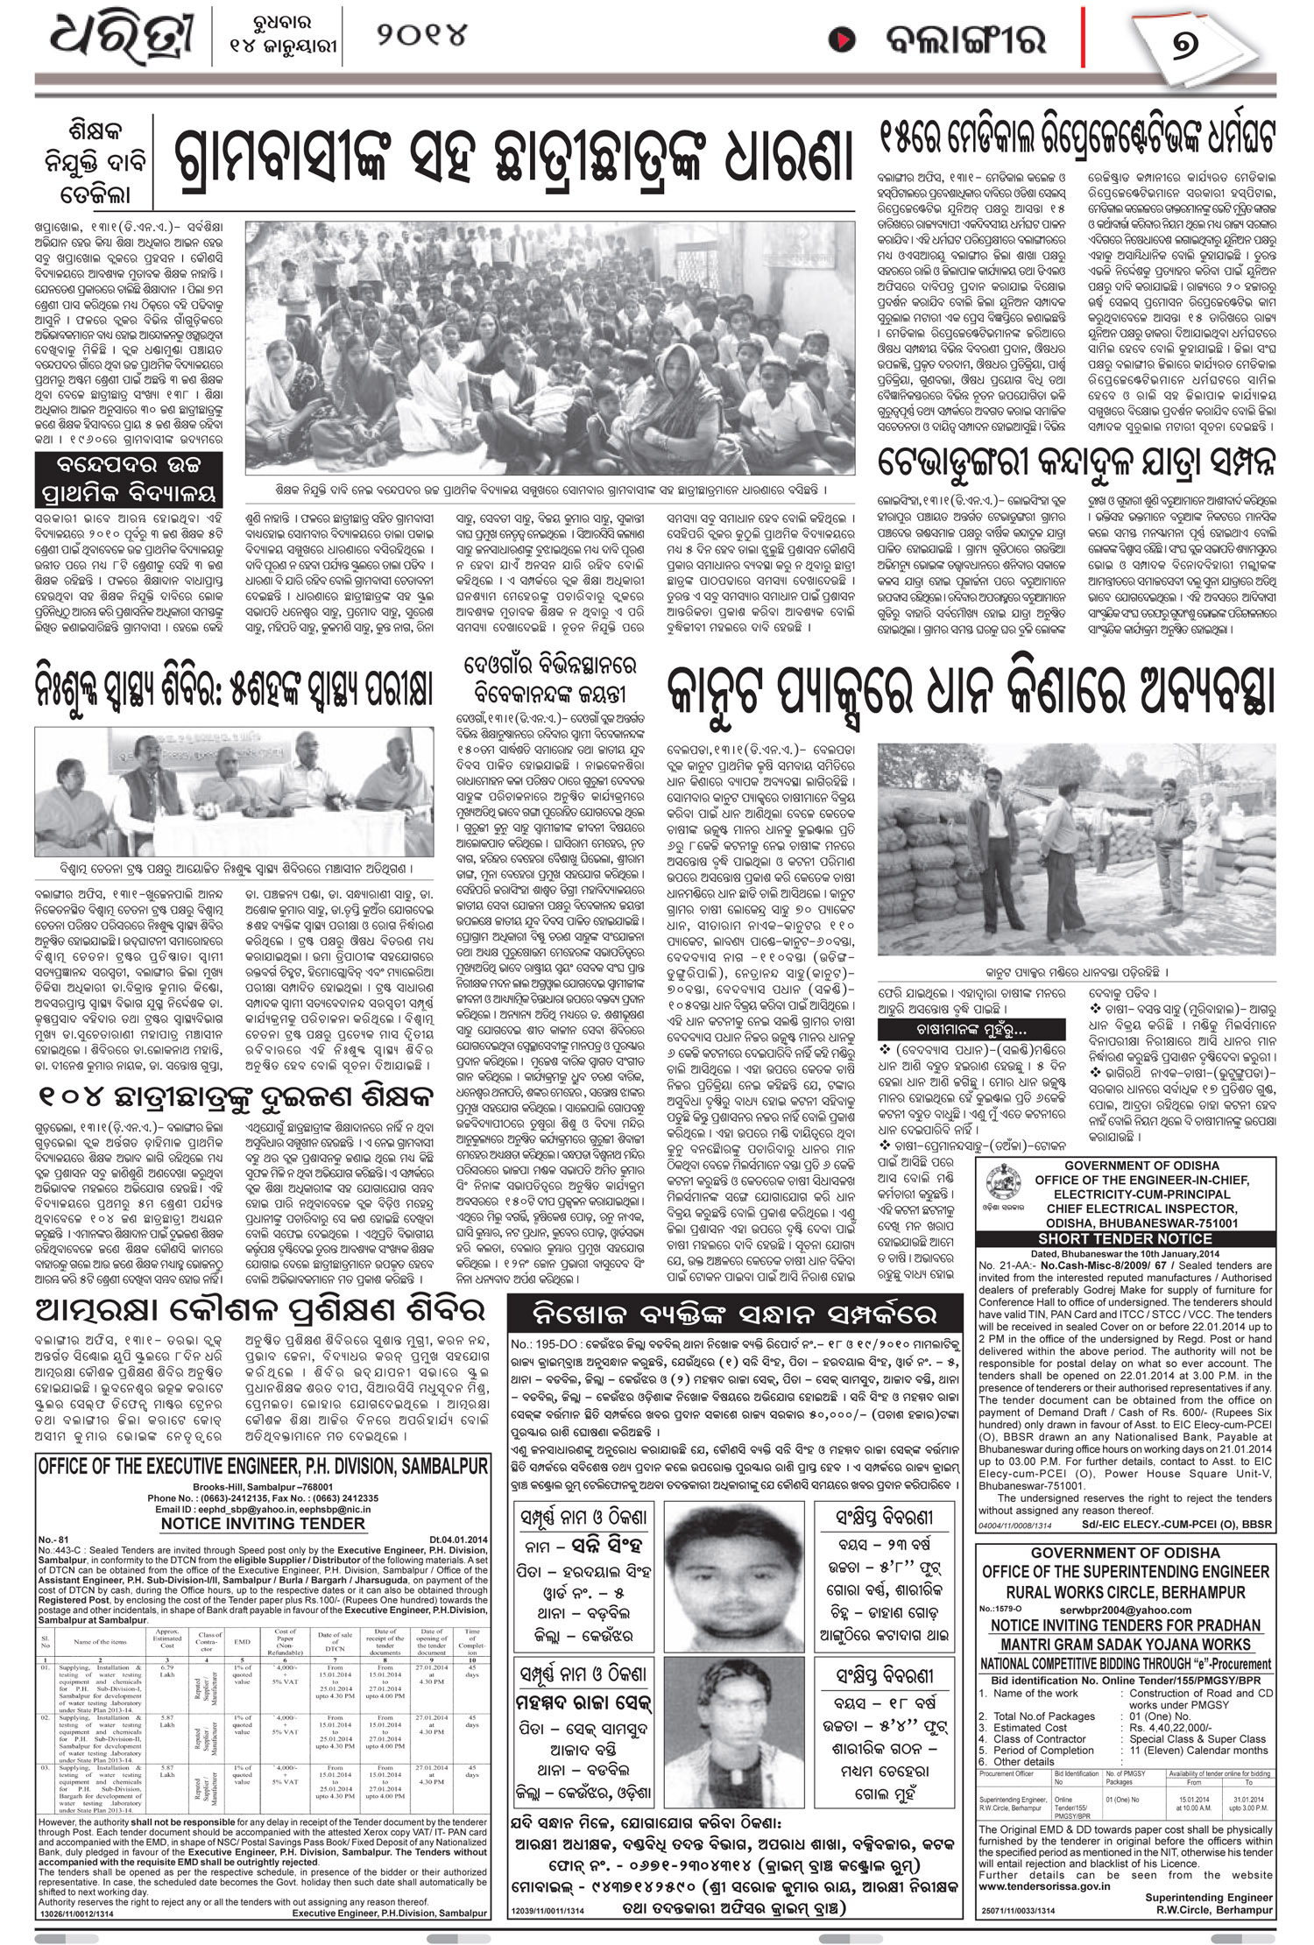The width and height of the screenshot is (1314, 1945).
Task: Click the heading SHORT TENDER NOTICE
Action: click(1124, 1238)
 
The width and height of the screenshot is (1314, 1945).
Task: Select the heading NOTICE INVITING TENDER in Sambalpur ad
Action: click(263, 1523)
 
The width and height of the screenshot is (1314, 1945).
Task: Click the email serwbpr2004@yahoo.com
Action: click(1125, 1610)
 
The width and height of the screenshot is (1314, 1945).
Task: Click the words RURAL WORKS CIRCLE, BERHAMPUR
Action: click(1125, 1591)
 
